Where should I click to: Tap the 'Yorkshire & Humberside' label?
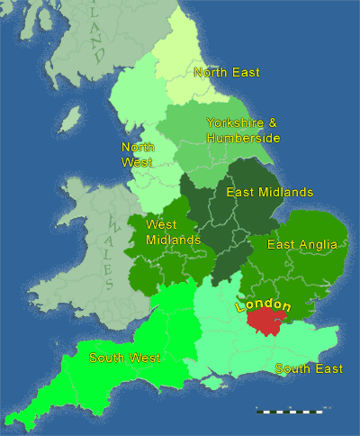(243, 130)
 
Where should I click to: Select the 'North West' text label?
(138, 155)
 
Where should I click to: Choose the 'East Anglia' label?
(301, 244)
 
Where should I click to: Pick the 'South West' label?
(124, 358)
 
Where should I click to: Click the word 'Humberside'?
(243, 137)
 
